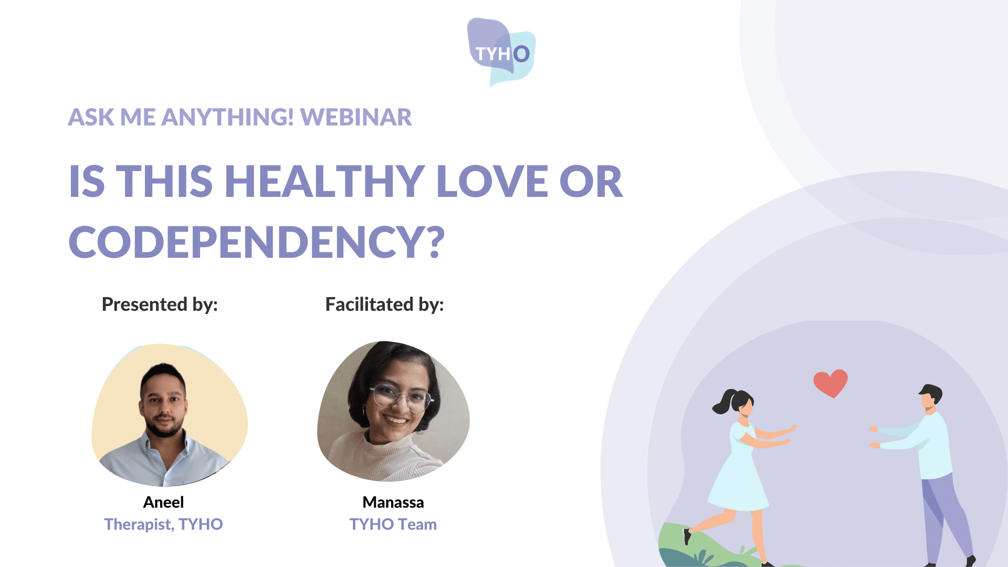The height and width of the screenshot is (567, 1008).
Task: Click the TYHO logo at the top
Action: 501,52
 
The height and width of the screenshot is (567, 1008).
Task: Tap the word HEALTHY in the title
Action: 325,181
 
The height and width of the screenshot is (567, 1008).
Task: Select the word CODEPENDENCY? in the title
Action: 257,241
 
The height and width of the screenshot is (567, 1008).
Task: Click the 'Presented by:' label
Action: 160,304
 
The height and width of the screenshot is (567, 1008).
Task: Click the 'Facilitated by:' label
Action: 385,304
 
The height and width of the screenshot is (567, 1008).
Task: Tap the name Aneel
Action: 164,502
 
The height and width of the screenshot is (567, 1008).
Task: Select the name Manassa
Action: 393,502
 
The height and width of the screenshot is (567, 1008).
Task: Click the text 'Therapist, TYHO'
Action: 164,524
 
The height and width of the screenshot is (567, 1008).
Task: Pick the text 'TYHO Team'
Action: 393,524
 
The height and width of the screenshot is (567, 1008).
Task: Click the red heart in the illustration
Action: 831,383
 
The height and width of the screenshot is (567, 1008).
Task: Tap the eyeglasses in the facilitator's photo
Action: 402,397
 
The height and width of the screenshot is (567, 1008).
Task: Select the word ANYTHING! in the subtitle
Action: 228,117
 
